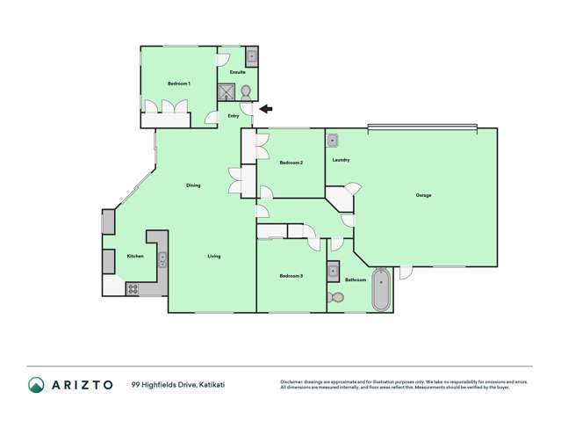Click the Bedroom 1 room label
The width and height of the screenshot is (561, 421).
point(179,83)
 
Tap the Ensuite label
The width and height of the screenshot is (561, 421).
point(237,72)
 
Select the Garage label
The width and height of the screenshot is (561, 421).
point(423,195)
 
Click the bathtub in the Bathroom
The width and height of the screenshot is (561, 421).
point(381,290)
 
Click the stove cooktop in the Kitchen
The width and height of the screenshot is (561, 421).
point(133,287)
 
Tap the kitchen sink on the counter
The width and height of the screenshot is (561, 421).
point(162,259)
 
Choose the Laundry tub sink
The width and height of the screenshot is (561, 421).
point(334,141)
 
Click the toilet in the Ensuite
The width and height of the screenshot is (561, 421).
point(247,91)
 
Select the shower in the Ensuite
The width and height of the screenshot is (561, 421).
point(227,91)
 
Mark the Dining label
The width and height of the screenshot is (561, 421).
point(193,185)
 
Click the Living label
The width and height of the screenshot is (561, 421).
point(214,257)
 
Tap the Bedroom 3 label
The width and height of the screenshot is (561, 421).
point(291,276)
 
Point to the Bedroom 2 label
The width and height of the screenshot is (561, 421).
point(291,163)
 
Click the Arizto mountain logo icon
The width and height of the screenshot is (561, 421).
point(36,384)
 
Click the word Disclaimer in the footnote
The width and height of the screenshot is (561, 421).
point(292,381)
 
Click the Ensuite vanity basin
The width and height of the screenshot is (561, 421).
point(251,56)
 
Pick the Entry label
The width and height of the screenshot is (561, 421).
point(234,116)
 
